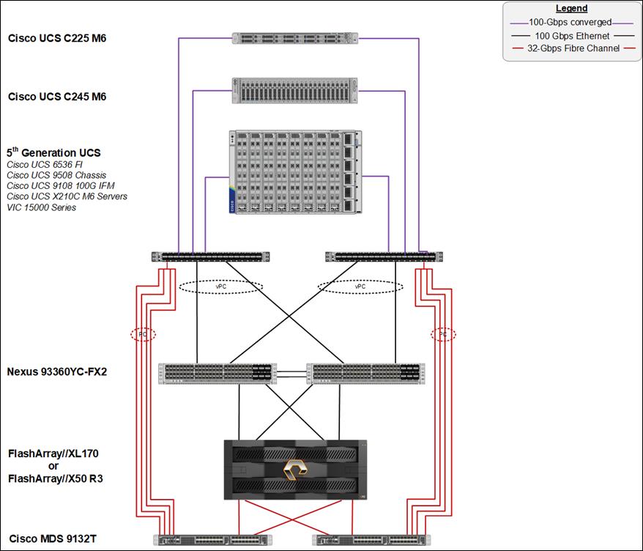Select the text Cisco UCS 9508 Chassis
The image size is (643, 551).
tap(56, 175)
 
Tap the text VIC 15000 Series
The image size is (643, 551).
tap(42, 207)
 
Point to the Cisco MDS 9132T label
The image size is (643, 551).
tap(53, 539)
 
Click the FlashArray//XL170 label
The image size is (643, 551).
tap(53, 454)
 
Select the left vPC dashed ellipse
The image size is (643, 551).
tap(220, 286)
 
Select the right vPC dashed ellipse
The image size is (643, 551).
tap(360, 286)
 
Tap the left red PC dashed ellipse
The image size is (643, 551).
tap(143, 334)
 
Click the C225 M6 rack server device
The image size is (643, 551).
tap(295, 38)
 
